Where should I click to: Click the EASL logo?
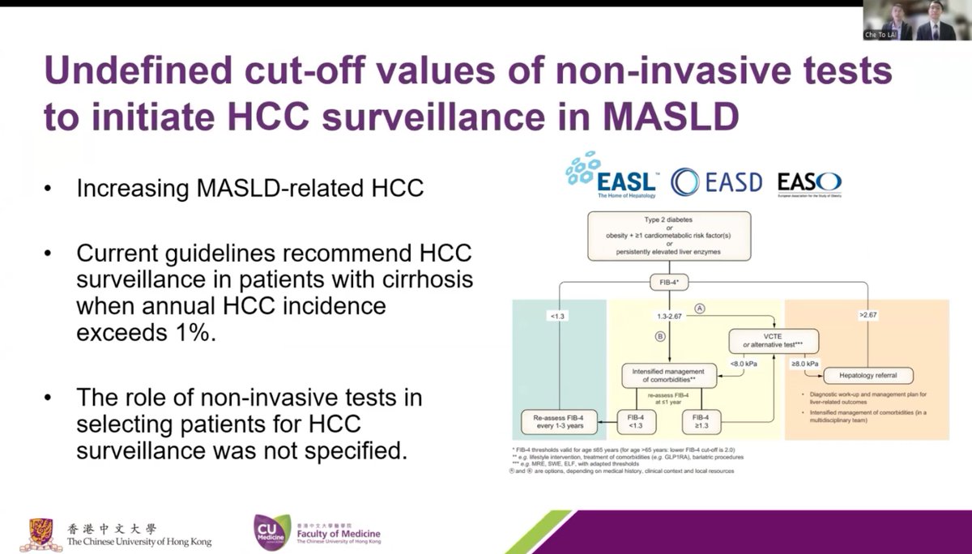pyautogui.click(x=611, y=176)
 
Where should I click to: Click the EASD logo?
pyautogui.click(x=716, y=181)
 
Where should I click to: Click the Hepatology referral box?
pyautogui.click(x=868, y=375)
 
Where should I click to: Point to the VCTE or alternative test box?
pyautogui.click(x=774, y=340)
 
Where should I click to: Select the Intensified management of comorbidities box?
pyautogui.click(x=669, y=375)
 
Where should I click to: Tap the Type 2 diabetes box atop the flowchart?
pyautogui.click(x=669, y=235)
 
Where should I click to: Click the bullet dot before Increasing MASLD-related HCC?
pyautogui.click(x=49, y=190)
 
